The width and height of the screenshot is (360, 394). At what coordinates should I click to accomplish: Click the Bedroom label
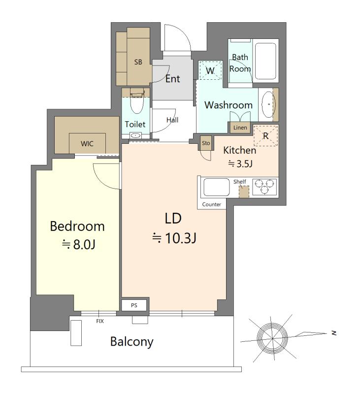(77, 226)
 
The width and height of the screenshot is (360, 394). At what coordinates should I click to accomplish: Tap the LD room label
(173, 218)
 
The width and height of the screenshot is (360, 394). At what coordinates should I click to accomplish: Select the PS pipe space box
(134, 305)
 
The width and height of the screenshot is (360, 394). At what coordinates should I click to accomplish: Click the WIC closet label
(87, 144)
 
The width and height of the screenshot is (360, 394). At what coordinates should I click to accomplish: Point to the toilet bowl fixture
(137, 103)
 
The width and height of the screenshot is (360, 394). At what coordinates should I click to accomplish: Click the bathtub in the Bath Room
(265, 61)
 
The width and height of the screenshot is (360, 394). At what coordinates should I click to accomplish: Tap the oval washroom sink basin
(268, 104)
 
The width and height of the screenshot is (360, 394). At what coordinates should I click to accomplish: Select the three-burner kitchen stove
(264, 187)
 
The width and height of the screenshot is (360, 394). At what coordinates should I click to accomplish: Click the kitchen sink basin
(216, 187)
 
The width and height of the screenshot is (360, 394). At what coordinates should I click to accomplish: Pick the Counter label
(212, 204)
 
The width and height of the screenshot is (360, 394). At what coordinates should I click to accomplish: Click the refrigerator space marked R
(266, 136)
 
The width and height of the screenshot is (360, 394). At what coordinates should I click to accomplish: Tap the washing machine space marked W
(210, 70)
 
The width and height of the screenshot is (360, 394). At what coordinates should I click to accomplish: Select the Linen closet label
(240, 128)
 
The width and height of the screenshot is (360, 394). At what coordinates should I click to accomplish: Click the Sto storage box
(206, 143)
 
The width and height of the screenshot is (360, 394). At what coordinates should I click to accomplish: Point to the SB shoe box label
(138, 62)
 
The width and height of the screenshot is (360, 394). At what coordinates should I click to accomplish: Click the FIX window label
(100, 321)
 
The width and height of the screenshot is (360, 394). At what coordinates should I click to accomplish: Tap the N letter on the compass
(334, 333)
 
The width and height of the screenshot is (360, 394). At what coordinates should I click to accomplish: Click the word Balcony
(131, 342)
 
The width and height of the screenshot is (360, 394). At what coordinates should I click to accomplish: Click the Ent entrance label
(172, 79)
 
